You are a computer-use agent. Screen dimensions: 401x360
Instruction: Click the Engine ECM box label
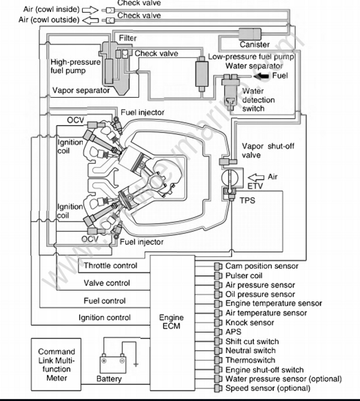point(172,321)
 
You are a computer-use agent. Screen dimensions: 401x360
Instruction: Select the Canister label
point(254,44)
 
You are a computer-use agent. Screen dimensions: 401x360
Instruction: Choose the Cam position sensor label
point(262,266)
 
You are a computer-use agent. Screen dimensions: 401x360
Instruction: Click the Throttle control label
point(110,266)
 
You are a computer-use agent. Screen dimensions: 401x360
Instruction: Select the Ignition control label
point(104,317)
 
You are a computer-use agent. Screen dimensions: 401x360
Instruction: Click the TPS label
point(247,200)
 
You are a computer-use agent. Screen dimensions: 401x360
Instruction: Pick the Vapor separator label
point(81,91)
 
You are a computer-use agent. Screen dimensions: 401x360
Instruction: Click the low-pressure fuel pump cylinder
point(200,73)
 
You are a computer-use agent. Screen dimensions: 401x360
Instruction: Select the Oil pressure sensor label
point(260,294)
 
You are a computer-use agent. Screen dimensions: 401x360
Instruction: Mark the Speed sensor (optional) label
point(271,388)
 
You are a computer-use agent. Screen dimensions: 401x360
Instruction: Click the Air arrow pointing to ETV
point(257,177)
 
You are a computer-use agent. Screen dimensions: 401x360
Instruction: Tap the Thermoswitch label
point(250,360)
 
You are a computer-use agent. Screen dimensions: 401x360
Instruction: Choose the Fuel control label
point(105,301)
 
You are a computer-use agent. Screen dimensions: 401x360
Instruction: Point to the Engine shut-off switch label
point(265,370)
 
